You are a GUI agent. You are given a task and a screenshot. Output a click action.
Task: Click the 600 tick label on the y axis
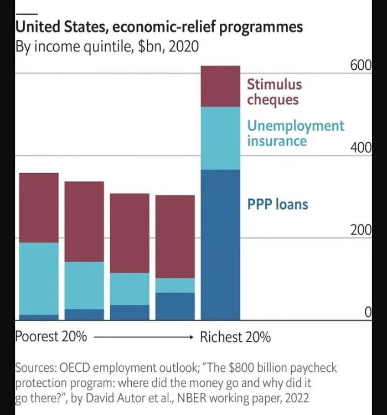[x=360, y=65]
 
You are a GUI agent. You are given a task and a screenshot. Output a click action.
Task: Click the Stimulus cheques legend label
[x=274, y=92]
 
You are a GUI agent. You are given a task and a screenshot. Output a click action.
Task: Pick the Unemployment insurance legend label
[x=295, y=133]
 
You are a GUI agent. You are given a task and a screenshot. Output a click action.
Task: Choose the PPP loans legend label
[x=277, y=205]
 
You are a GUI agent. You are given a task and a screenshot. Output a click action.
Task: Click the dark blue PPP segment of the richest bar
[x=220, y=243]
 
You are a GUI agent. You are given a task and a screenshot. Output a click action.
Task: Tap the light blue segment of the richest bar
[x=220, y=138]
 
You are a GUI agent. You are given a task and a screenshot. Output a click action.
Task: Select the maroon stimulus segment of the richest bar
[x=220, y=86]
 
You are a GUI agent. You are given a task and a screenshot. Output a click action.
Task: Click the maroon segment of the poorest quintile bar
[x=39, y=208]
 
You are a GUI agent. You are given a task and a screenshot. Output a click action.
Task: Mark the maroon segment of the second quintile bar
[x=84, y=221]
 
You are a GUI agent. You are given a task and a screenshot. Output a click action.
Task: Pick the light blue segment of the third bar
[x=130, y=289]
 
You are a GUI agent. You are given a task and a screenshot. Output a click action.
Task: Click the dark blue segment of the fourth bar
[x=175, y=305]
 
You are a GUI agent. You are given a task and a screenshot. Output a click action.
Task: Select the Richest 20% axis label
[x=235, y=336]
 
